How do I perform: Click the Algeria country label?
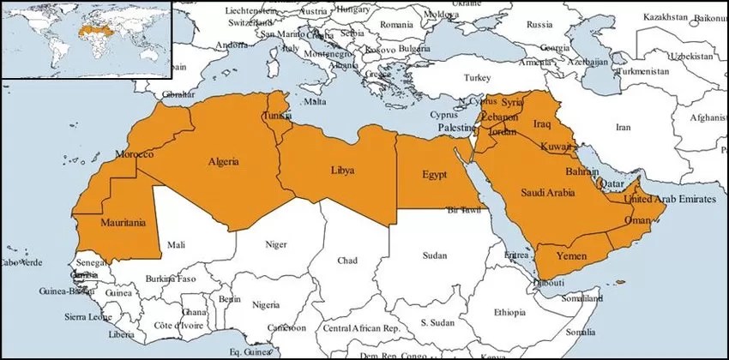coord(223,161)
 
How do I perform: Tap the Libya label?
coord(342,171)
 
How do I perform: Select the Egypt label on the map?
coord(435,175)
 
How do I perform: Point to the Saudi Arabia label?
coord(547,192)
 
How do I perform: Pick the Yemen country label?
coord(571,256)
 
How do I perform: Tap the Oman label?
coord(638,220)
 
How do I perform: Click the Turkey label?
coord(477,77)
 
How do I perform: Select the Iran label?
coord(623,127)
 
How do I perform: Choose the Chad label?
coord(347,260)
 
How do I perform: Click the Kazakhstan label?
coord(642,16)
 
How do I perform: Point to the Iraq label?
coord(541,124)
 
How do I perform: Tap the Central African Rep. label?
coord(362,328)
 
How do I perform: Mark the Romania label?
coord(397,25)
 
